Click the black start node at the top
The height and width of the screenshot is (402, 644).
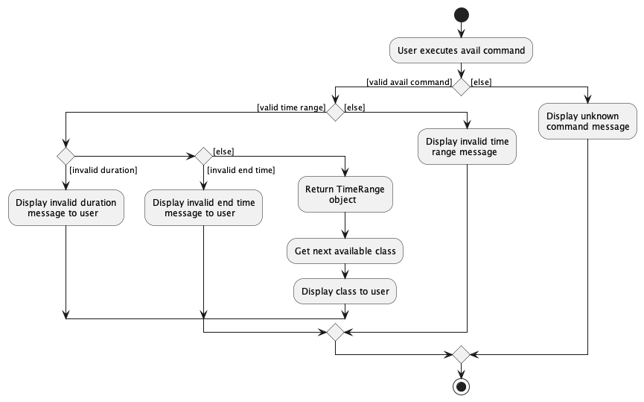(x=461, y=14)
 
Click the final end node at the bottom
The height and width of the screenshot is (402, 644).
(x=461, y=386)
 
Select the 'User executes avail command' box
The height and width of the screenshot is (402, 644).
(x=461, y=51)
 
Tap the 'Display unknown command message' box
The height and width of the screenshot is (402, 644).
(x=588, y=121)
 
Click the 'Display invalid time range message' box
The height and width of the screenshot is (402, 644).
(x=468, y=146)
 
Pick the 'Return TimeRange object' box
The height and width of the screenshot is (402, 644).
(x=345, y=194)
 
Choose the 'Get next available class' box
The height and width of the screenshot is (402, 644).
(x=345, y=251)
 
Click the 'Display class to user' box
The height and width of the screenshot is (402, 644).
(x=345, y=291)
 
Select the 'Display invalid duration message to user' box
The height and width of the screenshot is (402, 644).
(x=66, y=207)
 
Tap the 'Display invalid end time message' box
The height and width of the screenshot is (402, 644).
(x=203, y=207)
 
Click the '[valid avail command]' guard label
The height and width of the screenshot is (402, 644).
(x=409, y=81)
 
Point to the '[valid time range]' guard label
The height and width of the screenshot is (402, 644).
(x=290, y=107)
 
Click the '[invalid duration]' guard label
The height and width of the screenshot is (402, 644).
(x=103, y=170)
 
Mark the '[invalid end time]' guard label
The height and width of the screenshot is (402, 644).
(x=241, y=170)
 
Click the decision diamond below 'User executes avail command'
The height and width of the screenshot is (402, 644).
(x=461, y=87)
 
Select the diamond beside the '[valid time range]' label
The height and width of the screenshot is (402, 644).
(x=335, y=113)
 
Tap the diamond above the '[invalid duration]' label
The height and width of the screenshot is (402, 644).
(x=66, y=156)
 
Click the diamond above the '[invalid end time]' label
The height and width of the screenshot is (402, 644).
(x=203, y=156)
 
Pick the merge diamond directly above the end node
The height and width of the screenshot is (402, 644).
(x=461, y=354)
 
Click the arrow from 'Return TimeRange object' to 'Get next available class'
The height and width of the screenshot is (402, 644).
(x=345, y=226)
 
